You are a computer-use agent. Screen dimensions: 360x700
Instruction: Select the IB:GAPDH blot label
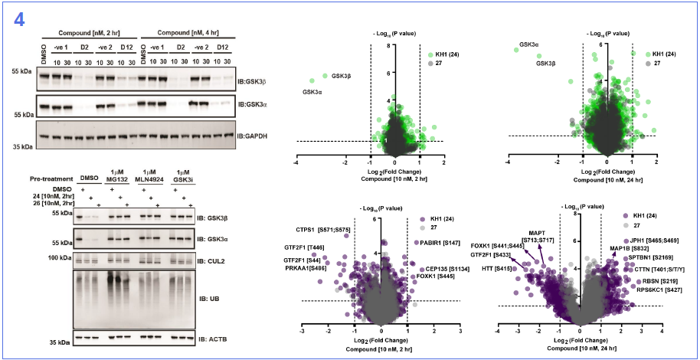[x=251, y=136]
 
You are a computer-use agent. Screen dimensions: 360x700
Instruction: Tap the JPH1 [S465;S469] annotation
[x=653, y=241]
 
